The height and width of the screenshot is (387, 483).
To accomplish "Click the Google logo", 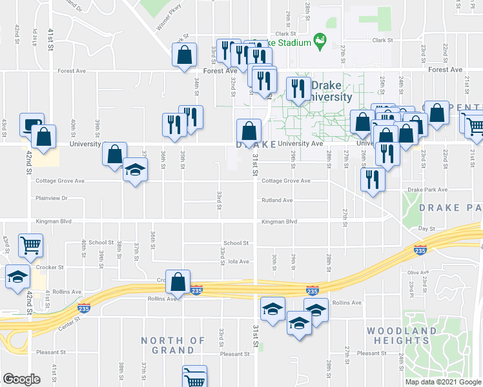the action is point(22,379).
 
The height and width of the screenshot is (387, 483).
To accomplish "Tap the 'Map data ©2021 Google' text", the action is point(443,381).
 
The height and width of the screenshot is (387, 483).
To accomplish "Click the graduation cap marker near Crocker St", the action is point(18,277).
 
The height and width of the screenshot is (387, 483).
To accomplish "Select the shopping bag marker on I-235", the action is point(178,283).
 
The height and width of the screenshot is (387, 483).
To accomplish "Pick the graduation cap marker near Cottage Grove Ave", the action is point(135,170).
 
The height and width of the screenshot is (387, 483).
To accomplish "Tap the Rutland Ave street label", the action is point(277,201).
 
